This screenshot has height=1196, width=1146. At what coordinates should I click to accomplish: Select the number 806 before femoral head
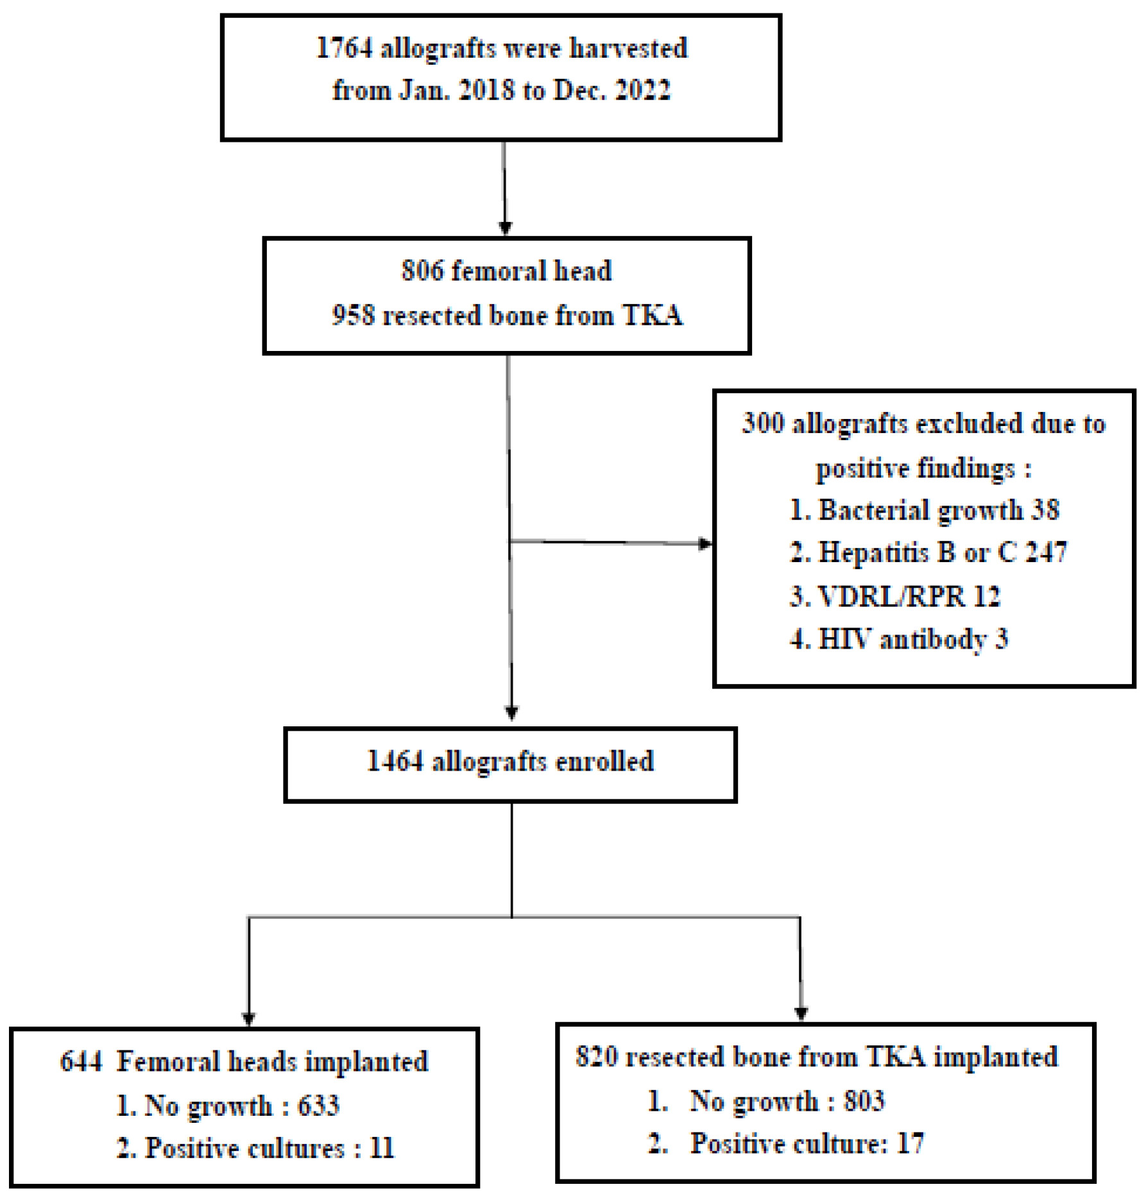422,271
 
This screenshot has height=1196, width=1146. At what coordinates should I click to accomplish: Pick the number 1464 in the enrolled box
395,762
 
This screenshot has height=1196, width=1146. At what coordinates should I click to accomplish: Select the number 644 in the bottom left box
81,1061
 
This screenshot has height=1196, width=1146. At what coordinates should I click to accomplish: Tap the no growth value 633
318,1106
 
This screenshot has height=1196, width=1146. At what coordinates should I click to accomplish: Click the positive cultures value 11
382,1148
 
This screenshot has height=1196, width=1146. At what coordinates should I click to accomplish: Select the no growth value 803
864,1101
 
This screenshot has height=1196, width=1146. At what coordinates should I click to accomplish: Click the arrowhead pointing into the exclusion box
705,544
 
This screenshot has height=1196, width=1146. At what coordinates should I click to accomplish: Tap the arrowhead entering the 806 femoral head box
505,228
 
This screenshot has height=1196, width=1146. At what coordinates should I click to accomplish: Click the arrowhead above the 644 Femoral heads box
248,1018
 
